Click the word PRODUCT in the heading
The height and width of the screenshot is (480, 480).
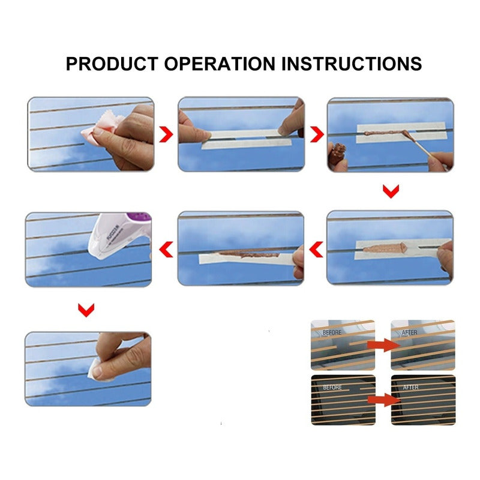point(112,64)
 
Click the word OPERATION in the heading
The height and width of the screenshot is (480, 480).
point(220,64)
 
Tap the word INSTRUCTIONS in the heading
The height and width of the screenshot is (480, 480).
point(352,64)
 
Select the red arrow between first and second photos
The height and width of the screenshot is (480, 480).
point(166,134)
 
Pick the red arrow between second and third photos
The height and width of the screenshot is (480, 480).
point(317,134)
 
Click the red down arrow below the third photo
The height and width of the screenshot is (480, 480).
point(391,191)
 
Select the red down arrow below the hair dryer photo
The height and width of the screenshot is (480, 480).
point(86,310)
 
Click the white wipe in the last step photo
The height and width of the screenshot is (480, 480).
point(97,370)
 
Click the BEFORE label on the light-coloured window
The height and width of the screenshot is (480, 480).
point(332,332)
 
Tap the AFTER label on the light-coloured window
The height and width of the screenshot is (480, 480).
point(409,332)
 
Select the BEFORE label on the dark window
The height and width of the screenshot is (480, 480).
point(332,387)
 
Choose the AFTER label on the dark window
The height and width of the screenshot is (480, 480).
point(410,387)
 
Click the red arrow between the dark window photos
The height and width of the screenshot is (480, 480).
point(384,400)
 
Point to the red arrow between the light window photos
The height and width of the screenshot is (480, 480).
point(384,345)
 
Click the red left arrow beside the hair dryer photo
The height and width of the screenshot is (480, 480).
point(166,249)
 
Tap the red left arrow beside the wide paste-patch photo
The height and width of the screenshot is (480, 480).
point(316,249)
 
